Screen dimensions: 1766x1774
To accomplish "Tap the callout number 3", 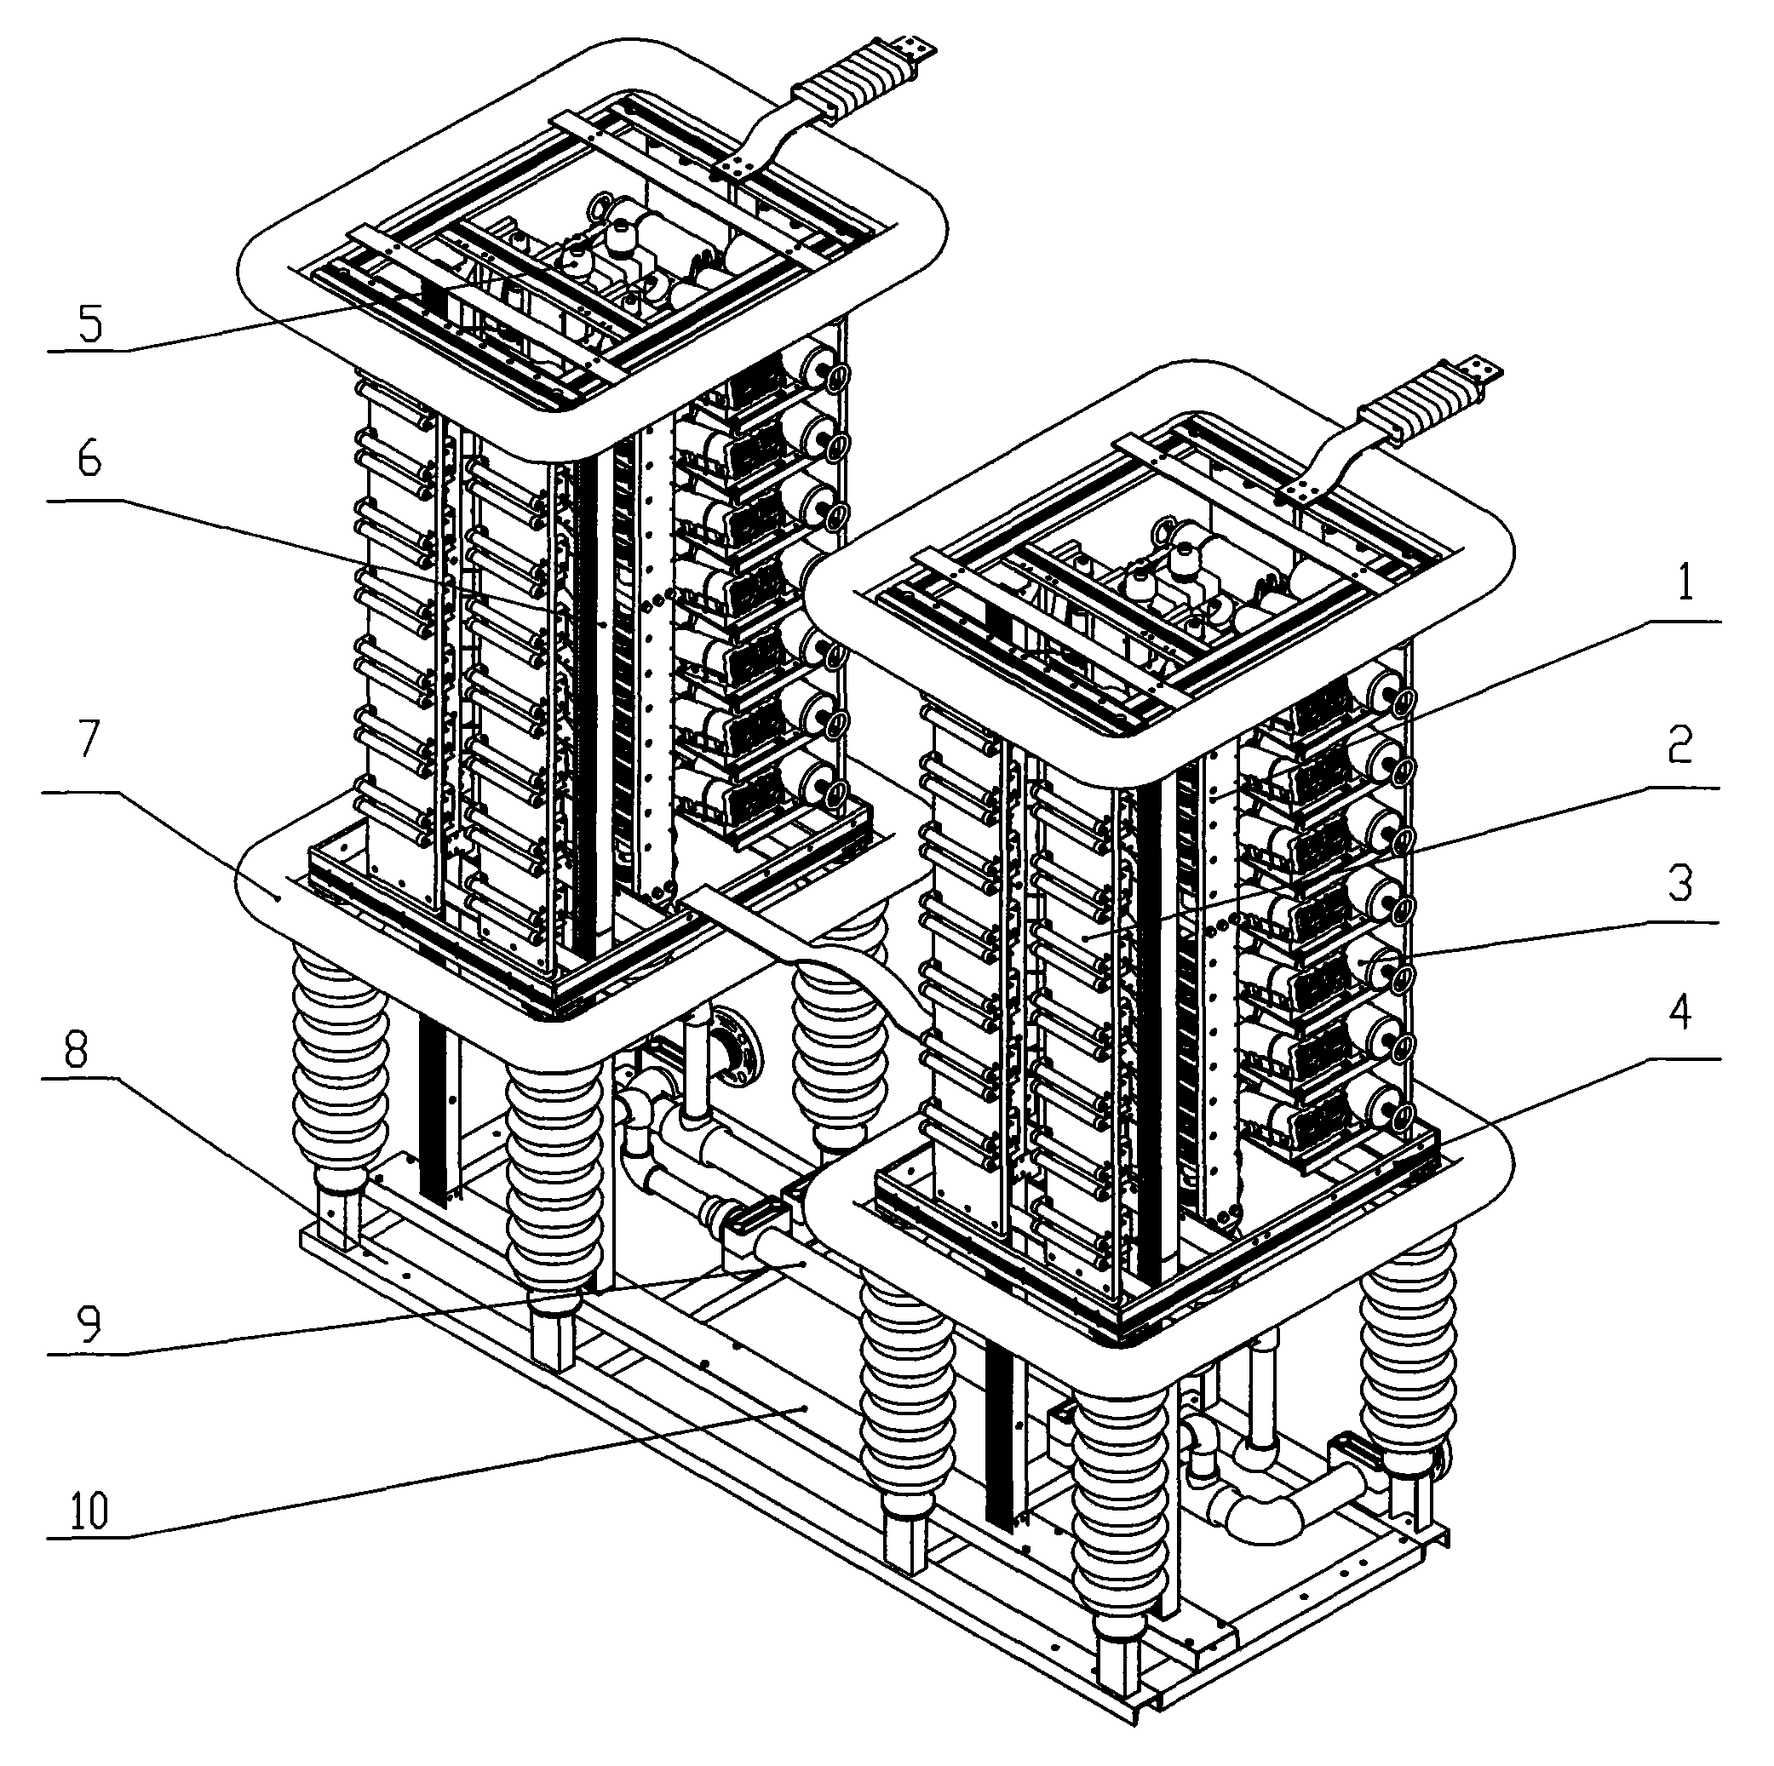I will click(x=1679, y=884).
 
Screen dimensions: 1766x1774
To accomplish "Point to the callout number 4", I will click(x=1679, y=1014).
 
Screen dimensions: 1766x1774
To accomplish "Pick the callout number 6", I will click(x=89, y=459).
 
